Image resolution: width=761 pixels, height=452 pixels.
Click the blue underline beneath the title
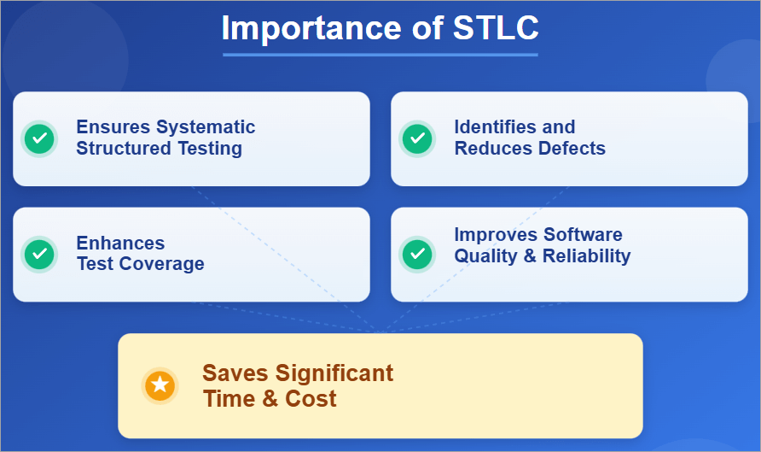[x=380, y=55]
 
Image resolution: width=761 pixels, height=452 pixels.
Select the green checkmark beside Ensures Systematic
[x=38, y=138]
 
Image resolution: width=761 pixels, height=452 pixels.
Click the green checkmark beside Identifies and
[x=416, y=138]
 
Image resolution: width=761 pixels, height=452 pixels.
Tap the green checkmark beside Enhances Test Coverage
[x=38, y=254]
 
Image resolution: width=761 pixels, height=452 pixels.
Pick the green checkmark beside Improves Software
[x=416, y=254]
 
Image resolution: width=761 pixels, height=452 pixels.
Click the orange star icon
[x=160, y=385]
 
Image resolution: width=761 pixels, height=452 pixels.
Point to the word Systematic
[x=206, y=127]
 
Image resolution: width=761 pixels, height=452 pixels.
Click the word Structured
[x=112, y=149]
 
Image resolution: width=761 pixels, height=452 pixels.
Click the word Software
[x=584, y=234]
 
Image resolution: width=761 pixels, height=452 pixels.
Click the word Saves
[x=235, y=373]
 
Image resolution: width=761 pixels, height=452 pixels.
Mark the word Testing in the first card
[x=209, y=149]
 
